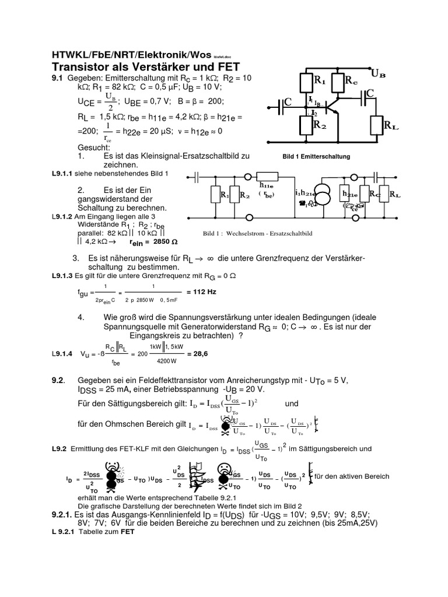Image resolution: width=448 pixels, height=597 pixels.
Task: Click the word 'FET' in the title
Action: coord(227,66)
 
